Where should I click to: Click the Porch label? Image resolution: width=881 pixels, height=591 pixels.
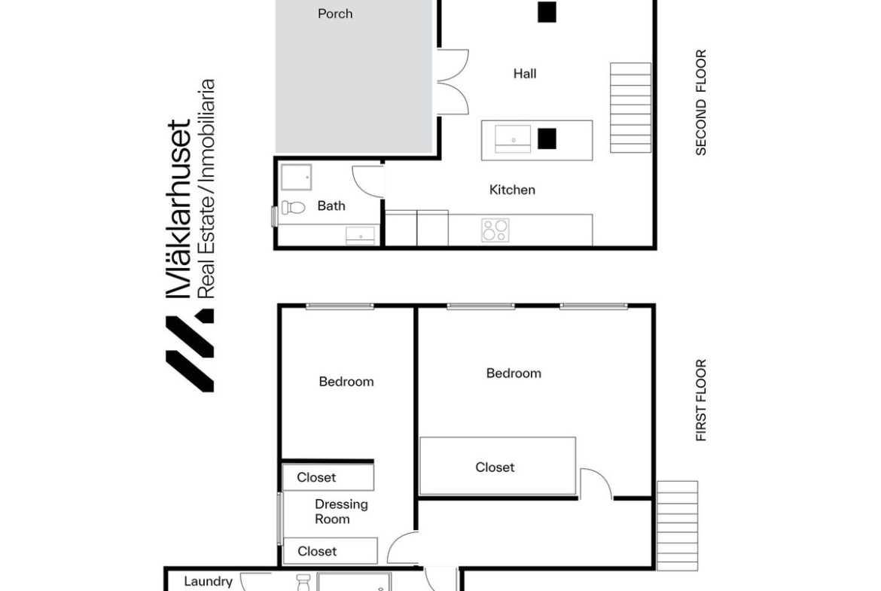(x=335, y=14)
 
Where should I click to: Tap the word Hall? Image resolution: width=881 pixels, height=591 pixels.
(x=525, y=74)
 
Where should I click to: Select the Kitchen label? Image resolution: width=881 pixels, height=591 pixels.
(x=512, y=190)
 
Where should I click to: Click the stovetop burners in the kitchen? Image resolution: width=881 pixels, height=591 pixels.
(x=495, y=230)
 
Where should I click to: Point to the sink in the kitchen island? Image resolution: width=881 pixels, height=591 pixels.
(x=513, y=139)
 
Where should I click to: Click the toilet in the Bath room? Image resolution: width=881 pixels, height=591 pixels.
(x=293, y=207)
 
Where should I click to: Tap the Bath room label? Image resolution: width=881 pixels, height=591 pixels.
(x=331, y=206)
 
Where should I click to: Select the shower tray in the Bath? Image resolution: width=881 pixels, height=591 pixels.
(x=296, y=178)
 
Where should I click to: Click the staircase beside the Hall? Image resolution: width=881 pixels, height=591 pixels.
(x=630, y=108)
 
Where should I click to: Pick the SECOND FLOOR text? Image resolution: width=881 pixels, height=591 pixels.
(x=700, y=103)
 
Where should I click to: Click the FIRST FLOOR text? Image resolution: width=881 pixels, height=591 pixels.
(x=700, y=401)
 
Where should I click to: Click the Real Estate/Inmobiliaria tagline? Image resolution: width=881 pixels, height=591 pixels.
(x=207, y=189)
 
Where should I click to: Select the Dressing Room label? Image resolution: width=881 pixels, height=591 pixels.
(x=340, y=512)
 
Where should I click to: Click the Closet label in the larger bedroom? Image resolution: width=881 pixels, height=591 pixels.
(x=495, y=468)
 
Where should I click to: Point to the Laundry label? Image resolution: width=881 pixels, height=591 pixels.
(x=208, y=582)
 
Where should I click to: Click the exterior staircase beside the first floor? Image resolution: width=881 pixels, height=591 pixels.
(x=678, y=526)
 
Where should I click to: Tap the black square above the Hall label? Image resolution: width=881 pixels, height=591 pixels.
(x=547, y=12)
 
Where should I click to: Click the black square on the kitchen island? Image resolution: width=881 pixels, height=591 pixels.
(x=547, y=139)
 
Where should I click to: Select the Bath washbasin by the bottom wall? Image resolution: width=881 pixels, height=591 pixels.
(x=360, y=236)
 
